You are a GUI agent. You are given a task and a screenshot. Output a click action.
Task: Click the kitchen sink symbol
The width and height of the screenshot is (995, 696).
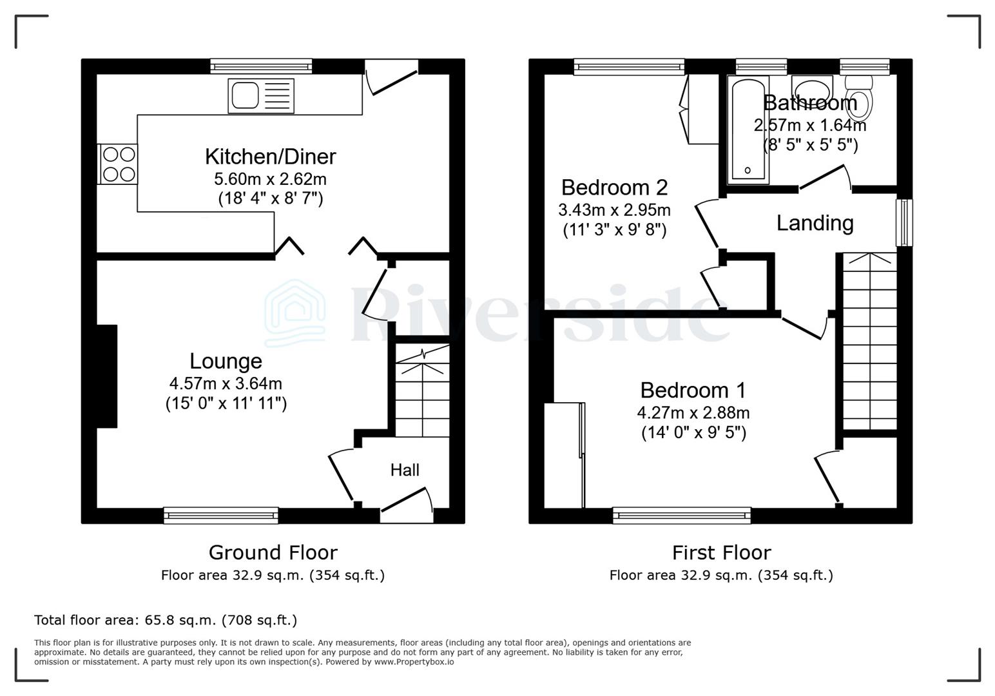pos(260,96)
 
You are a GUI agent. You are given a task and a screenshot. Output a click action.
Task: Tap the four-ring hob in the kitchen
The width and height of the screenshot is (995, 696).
pos(118,164)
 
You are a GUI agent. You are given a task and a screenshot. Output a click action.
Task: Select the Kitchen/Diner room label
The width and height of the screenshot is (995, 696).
pos(270,157)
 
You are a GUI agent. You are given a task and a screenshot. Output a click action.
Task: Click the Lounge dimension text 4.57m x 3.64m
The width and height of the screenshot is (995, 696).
pos(226,383)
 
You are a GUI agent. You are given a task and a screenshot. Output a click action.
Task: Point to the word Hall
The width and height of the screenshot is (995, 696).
pos(405,470)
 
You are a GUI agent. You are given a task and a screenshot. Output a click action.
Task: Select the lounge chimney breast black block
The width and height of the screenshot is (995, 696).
pos(107,376)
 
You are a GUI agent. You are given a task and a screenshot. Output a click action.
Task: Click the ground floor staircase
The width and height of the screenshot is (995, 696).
pos(421,392)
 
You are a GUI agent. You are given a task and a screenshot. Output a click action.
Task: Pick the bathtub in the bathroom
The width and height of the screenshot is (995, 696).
pos(748,130)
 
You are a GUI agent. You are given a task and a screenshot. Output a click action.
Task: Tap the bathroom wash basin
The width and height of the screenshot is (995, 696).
pos(811,86)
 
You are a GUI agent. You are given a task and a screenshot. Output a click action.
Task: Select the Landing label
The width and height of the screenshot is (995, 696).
pos(815,223)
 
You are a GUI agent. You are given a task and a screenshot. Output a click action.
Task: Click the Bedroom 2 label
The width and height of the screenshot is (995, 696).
pos(614,188)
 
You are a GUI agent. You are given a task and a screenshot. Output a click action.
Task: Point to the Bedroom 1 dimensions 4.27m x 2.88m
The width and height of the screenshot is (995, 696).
pos(693,412)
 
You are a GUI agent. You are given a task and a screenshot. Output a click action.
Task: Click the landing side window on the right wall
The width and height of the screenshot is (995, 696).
pos(904,222)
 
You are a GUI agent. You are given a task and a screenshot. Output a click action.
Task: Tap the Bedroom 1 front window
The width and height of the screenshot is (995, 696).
pos(682,514)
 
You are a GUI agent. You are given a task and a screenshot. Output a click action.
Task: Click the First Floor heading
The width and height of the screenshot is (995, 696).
pos(721,552)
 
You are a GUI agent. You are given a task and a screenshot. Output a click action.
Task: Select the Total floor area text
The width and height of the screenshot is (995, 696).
pos(166,620)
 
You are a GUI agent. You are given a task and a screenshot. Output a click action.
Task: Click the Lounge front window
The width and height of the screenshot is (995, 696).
pos(221,514)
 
